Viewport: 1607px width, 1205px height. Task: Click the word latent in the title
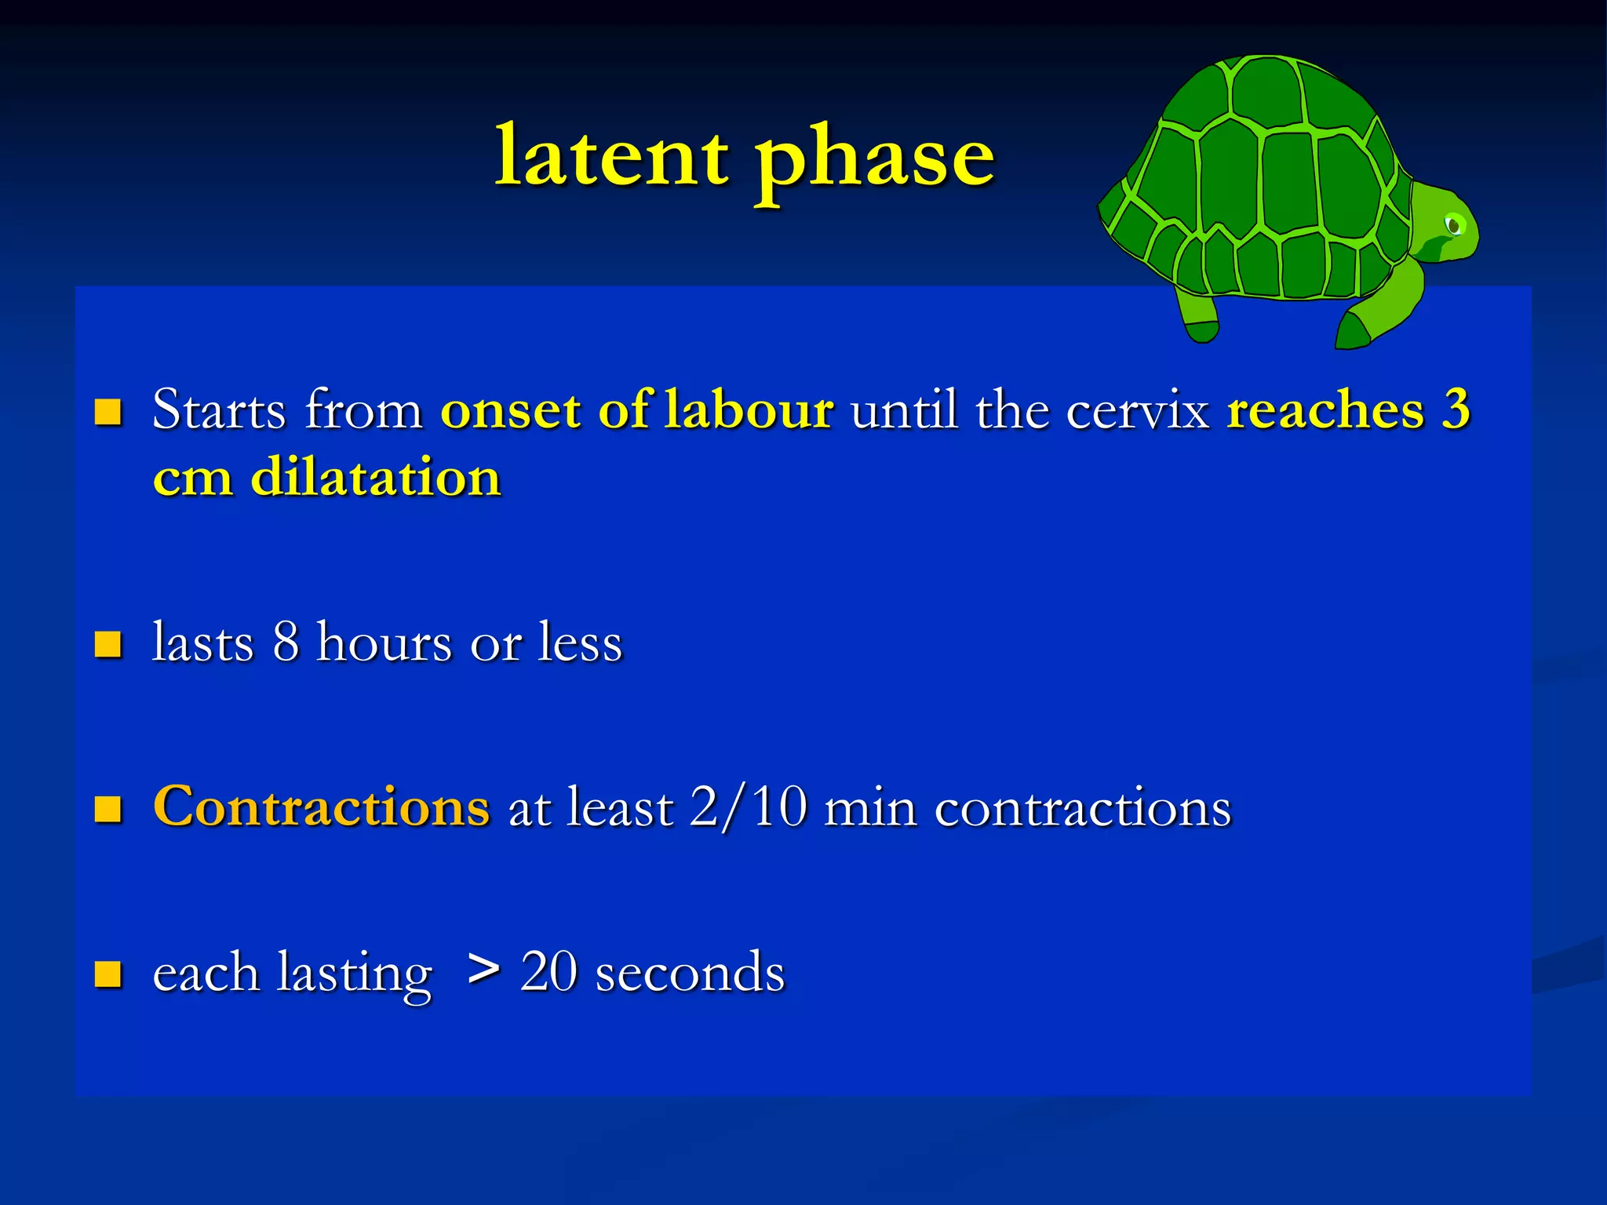click(611, 156)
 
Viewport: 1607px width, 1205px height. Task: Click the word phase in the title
click(874, 161)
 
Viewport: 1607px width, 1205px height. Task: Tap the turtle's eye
click(1454, 225)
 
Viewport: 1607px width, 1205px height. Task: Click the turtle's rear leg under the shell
click(1198, 319)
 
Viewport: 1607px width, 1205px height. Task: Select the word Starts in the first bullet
click(219, 410)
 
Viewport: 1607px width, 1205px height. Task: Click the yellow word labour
click(748, 410)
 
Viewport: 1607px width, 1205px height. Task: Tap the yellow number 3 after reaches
click(1456, 410)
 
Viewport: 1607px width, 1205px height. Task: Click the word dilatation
click(375, 477)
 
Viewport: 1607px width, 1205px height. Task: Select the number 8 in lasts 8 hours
click(286, 642)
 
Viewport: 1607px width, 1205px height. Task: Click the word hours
click(384, 642)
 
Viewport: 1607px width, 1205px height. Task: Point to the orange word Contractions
click(322, 806)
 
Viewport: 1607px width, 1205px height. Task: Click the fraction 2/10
click(749, 806)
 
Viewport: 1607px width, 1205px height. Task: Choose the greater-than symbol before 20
click(483, 970)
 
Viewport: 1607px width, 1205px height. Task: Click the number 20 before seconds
click(549, 971)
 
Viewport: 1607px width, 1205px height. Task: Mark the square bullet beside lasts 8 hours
click(108, 644)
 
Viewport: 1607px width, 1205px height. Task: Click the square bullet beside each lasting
click(108, 974)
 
